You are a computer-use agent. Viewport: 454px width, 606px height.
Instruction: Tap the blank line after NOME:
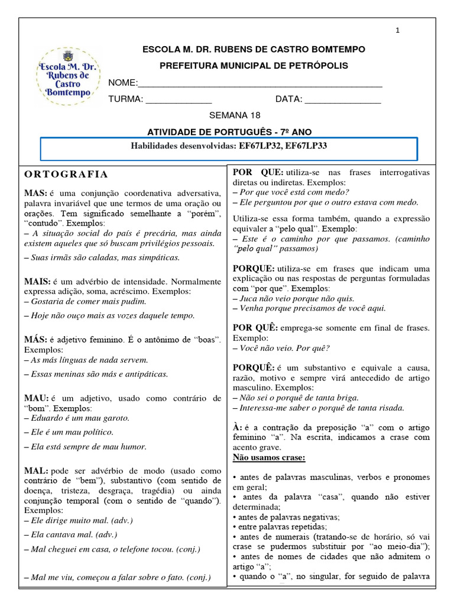(x=260, y=83)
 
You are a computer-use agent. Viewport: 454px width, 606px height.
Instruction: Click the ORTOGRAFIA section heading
(x=66, y=174)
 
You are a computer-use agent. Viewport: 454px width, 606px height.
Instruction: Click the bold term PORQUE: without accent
(x=254, y=268)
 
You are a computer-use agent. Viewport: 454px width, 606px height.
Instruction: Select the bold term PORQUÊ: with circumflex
(x=255, y=368)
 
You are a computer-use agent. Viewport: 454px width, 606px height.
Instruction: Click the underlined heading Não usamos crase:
(x=269, y=457)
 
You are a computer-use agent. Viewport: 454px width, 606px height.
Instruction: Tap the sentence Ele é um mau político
(x=69, y=432)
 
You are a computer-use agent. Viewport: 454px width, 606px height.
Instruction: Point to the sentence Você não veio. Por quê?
(x=281, y=348)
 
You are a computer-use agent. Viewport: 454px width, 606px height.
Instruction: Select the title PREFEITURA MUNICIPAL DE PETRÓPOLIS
(x=254, y=66)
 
